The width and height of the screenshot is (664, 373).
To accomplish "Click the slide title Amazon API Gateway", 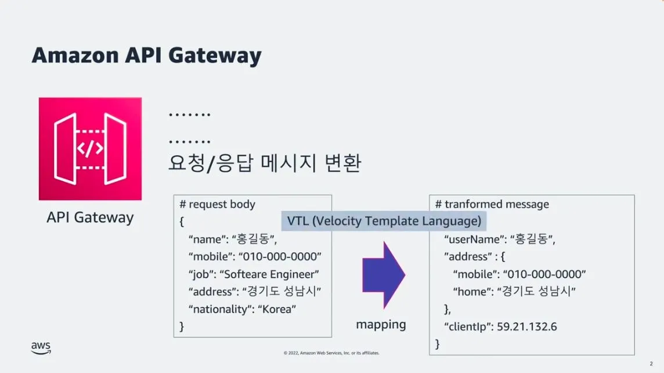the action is [x=146, y=56].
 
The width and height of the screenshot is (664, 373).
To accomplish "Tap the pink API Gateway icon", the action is [x=90, y=149].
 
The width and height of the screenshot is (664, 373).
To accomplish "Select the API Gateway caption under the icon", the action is [x=90, y=218].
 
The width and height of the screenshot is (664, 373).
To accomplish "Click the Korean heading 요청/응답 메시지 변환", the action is [x=265, y=163].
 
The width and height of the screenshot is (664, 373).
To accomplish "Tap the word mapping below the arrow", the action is [x=381, y=325].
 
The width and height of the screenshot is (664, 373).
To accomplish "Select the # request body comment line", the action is [x=218, y=205].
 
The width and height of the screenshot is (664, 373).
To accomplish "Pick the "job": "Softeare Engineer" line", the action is [x=254, y=274].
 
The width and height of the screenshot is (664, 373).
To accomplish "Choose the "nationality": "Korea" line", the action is [x=242, y=309].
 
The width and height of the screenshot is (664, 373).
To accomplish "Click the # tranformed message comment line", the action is [x=492, y=205].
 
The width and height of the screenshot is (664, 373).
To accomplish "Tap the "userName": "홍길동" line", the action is [x=500, y=239].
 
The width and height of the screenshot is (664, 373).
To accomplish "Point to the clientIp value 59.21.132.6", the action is [x=528, y=327].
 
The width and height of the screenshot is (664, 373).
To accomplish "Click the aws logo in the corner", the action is [x=41, y=347].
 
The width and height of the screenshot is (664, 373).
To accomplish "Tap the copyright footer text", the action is [x=331, y=353].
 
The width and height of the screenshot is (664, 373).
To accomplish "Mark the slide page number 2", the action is [x=651, y=364].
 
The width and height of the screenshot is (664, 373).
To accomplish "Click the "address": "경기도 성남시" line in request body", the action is [x=254, y=292].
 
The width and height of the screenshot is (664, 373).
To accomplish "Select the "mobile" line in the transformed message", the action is [x=519, y=274].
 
